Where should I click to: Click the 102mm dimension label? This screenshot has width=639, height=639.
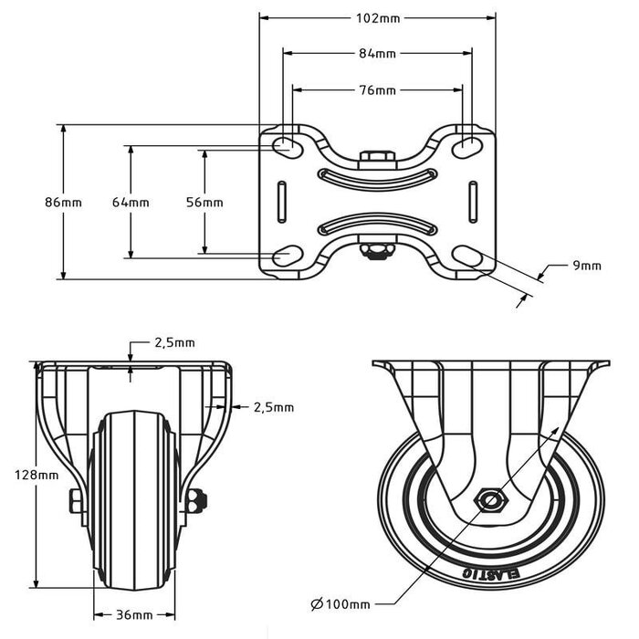point(377,16)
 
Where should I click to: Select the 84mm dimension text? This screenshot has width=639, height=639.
point(377,55)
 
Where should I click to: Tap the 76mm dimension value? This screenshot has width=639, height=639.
point(377,90)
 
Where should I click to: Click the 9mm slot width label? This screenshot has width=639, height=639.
point(586,266)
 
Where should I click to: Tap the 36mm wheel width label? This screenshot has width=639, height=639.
point(133,614)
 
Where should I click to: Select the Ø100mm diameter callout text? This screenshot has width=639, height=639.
point(340,604)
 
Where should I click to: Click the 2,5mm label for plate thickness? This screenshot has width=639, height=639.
point(173,343)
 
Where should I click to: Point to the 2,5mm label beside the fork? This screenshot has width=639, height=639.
point(273,407)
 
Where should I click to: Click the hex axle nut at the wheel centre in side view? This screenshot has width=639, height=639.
point(492,500)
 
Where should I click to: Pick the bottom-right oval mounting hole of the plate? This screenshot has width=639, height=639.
point(466,257)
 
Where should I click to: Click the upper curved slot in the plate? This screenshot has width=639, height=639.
point(377,175)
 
